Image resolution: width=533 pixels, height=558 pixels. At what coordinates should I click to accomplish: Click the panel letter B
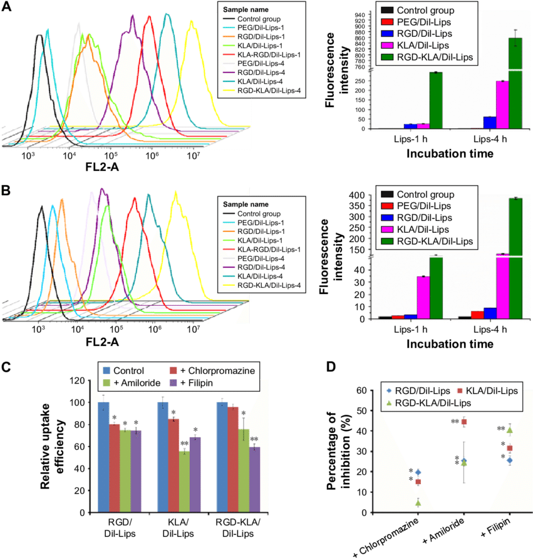[x=6, y=190]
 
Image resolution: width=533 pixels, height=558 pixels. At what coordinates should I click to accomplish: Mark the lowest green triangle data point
[x=418, y=502]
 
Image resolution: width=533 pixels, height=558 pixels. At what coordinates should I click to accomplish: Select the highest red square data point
[x=464, y=422]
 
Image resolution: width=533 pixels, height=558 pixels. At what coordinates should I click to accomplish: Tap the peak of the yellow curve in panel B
[x=176, y=193]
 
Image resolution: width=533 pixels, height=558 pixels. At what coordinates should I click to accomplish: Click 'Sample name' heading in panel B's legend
[x=246, y=205]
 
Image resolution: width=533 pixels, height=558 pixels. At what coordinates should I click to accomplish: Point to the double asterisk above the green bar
[x=184, y=444]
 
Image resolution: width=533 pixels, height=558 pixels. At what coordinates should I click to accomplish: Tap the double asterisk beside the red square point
[x=455, y=422]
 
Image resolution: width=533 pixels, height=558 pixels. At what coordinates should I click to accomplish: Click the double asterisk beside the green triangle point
[x=500, y=429]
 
